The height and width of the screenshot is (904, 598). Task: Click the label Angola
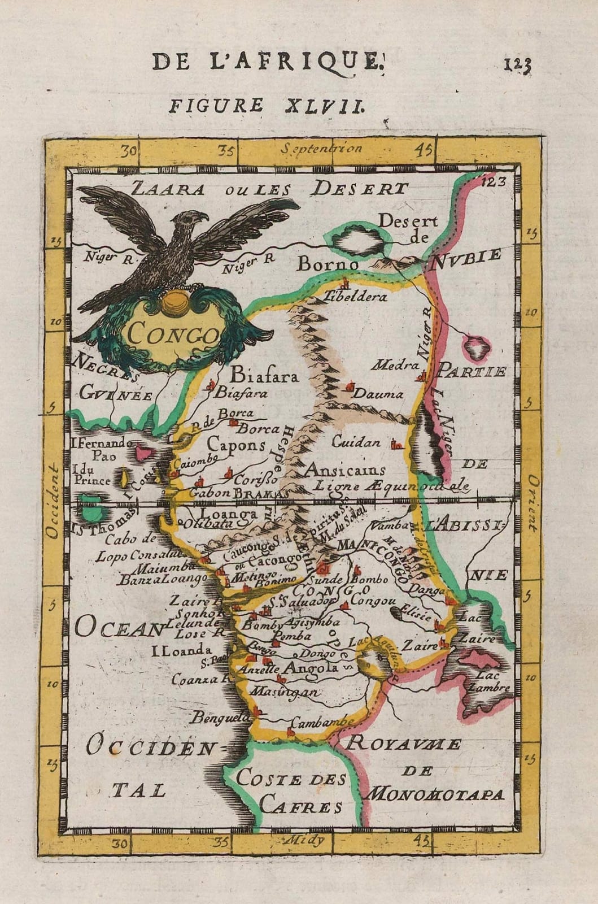click(x=312, y=668)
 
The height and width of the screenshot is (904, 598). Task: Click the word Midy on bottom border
click(x=308, y=840)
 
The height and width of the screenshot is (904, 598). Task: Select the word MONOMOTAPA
click(x=434, y=794)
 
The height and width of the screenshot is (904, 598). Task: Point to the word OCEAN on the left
click(x=116, y=627)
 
